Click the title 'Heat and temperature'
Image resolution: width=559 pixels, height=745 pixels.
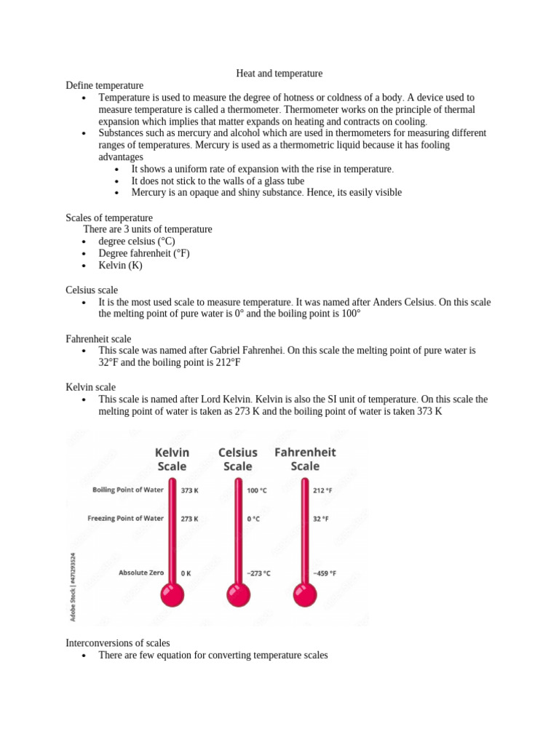click(x=279, y=73)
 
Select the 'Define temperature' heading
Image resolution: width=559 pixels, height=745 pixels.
click(x=105, y=85)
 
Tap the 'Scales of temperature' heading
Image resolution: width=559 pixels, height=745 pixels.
click(x=109, y=218)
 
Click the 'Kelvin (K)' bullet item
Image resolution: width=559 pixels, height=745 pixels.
click(x=121, y=265)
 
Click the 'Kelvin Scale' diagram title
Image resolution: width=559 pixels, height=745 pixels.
click(x=172, y=459)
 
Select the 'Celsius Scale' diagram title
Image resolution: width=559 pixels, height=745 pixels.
click(x=238, y=459)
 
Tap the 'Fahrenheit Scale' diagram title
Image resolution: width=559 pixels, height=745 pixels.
click(x=305, y=459)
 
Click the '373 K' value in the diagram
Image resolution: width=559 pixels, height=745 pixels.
click(x=190, y=490)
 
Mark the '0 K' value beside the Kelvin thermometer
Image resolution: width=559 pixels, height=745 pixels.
click(x=186, y=573)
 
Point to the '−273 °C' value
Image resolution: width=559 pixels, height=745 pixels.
click(x=258, y=573)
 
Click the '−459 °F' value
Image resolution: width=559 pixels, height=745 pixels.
click(x=325, y=573)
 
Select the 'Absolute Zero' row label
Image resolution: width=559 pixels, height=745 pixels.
click(x=141, y=573)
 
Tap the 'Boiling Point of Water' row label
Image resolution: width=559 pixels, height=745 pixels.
click(x=128, y=490)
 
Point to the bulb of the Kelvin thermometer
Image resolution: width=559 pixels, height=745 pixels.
click(x=172, y=594)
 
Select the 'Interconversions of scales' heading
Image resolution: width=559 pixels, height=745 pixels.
click(x=118, y=643)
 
